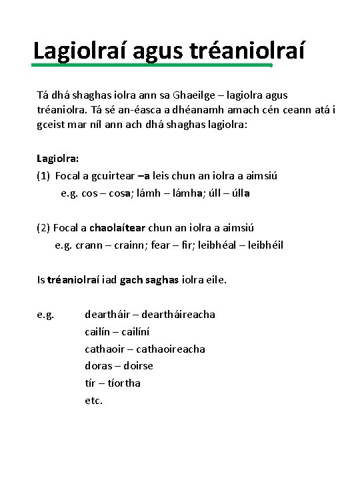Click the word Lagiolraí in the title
(x=82, y=50)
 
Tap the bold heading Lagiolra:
(x=58, y=159)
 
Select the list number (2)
(x=43, y=228)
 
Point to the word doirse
(x=138, y=366)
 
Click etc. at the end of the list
(x=93, y=401)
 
